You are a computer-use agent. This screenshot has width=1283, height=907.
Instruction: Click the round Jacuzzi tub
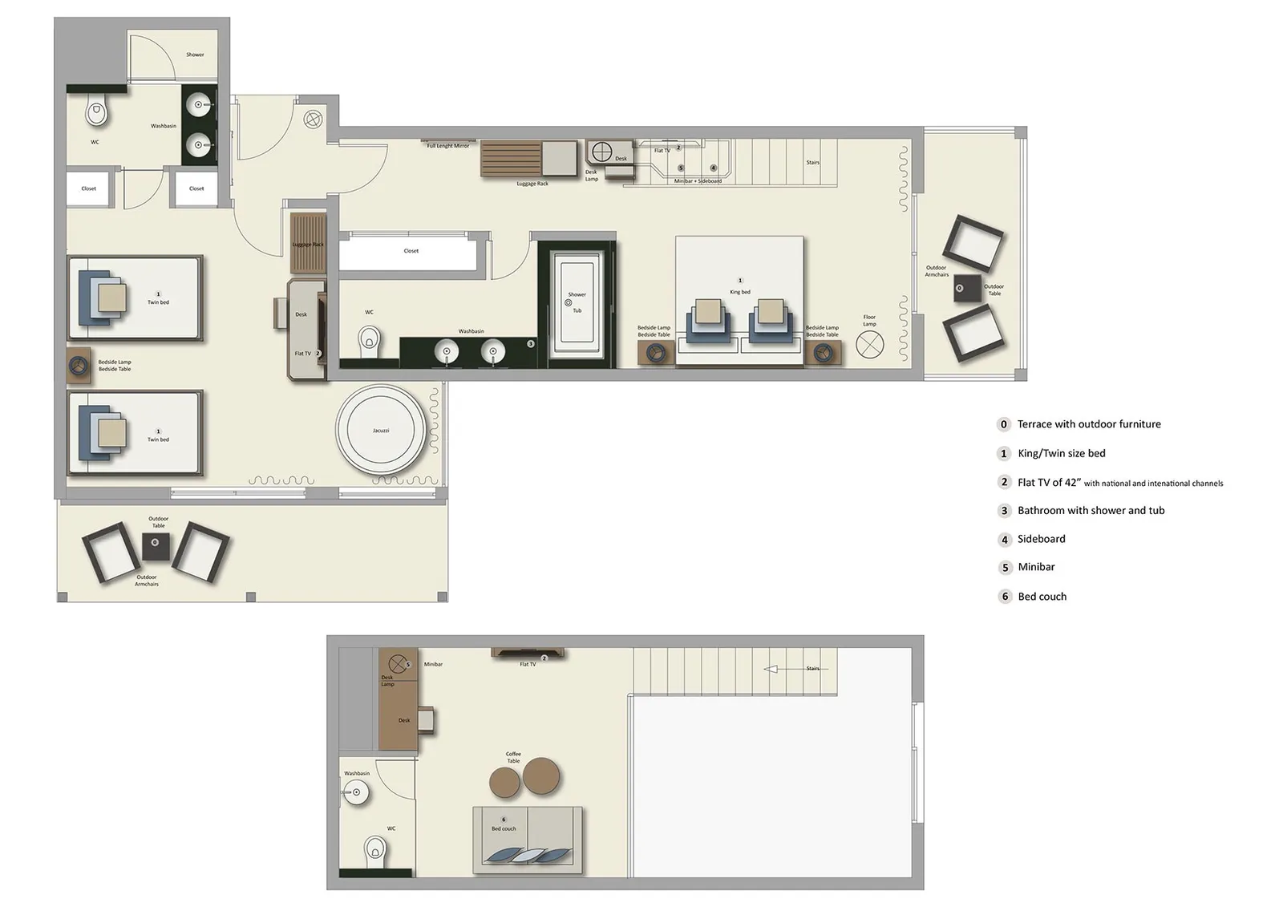pyautogui.click(x=380, y=431)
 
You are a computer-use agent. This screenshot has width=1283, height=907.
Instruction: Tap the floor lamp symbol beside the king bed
pyautogui.click(x=869, y=345)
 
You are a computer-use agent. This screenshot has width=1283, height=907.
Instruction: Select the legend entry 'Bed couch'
pyautogui.click(x=1042, y=597)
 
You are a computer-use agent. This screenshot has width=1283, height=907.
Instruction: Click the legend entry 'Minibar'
pyautogui.click(x=1036, y=567)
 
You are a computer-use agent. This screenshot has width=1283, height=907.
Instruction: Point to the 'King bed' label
pyautogui.click(x=739, y=292)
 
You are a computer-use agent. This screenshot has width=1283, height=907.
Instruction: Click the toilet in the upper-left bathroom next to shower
pyautogui.click(x=97, y=113)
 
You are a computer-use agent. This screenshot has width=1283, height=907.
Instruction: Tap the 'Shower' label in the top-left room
pyautogui.click(x=195, y=55)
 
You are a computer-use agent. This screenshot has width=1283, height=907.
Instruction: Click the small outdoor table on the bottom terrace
pyautogui.click(x=156, y=546)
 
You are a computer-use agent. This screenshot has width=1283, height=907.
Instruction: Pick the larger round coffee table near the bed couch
pyautogui.click(x=542, y=775)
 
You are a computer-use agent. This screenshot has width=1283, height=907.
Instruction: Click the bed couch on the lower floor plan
pyautogui.click(x=528, y=839)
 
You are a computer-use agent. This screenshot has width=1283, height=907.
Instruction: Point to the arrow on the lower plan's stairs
pyautogui.click(x=771, y=669)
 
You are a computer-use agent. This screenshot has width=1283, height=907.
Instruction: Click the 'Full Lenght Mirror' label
pyautogui.click(x=447, y=146)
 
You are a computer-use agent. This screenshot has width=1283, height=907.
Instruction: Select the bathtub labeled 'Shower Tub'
pyautogui.click(x=577, y=302)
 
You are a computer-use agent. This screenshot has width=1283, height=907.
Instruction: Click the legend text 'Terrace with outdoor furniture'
pyautogui.click(x=1088, y=424)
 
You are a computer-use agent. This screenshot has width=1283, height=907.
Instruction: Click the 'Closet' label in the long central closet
pyautogui.click(x=411, y=251)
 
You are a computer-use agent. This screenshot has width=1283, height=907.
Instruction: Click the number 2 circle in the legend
pyautogui.click(x=1004, y=482)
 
